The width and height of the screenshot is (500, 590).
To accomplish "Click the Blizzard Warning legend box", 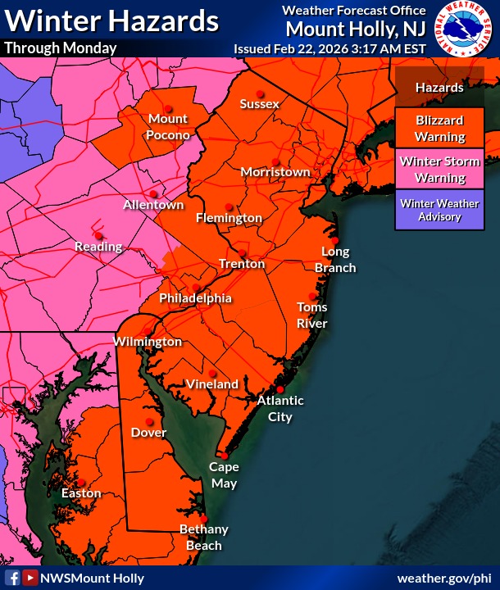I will (440, 129).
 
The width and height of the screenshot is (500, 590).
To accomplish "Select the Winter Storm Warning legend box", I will (440, 169).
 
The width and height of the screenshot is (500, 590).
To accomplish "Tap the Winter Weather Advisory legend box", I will (440, 210).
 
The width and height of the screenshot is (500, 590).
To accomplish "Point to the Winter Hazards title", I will (111, 20).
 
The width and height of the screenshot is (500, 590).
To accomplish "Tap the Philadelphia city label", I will (195, 298).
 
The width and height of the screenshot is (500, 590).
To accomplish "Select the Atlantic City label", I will (280, 408).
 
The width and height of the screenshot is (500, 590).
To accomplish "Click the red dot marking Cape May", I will (223, 455).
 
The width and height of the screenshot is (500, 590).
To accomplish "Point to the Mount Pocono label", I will (169, 127).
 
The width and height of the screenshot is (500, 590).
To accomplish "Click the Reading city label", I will (98, 247).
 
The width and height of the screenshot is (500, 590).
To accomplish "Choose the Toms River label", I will (312, 315).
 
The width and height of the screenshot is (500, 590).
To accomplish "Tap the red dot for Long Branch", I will (334, 238).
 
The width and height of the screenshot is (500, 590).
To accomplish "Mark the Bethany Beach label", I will (203, 538).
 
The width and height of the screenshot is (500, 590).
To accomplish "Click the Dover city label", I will (148, 433).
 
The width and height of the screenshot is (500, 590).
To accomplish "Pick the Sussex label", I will (260, 104).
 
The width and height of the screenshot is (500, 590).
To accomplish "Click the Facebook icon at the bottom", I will (13, 578).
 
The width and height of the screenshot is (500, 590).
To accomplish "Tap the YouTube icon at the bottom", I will (30, 578).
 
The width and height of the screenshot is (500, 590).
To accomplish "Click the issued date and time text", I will (330, 48).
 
